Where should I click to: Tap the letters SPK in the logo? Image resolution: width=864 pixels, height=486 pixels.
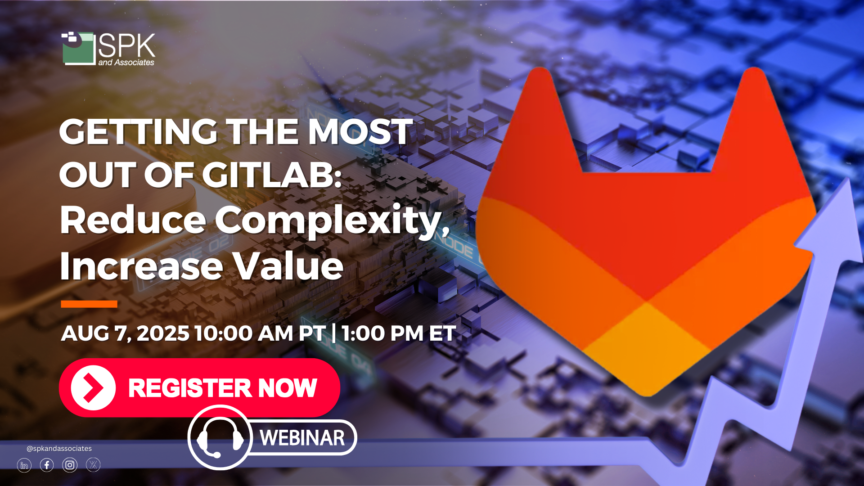[127, 45]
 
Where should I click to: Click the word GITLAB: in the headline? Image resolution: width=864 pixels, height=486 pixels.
[271, 175]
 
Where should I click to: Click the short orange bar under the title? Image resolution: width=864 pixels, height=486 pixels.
[89, 304]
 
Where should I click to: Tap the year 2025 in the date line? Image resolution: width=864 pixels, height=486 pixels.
[163, 333]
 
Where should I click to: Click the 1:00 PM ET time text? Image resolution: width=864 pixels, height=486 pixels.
[399, 333]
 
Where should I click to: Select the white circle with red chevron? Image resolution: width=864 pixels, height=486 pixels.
[93, 388]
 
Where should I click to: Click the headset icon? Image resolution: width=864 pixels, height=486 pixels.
[220, 437]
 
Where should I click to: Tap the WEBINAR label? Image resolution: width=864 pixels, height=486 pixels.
[302, 438]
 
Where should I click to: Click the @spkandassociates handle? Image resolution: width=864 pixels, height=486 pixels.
[59, 449]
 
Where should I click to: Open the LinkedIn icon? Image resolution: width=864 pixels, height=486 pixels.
[24, 465]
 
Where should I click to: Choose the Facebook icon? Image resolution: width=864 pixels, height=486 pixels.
[47, 465]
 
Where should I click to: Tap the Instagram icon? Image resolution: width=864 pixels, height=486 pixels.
[70, 465]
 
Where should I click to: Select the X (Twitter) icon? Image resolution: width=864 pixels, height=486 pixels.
[93, 465]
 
